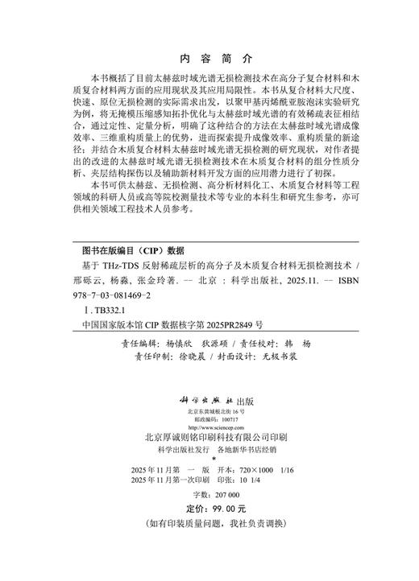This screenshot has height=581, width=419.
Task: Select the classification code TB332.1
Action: coord(102,308)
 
